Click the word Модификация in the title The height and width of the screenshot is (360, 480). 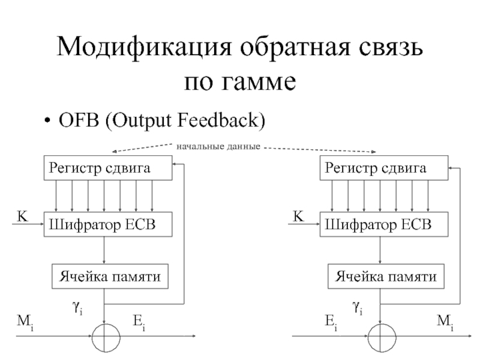144,47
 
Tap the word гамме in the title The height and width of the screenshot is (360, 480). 259,82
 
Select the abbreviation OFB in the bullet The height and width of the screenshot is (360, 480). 79,120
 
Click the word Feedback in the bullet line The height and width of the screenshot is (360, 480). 218,120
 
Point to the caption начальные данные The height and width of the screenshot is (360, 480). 218,146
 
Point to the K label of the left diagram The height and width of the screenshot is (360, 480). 22,216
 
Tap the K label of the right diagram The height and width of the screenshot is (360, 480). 298,216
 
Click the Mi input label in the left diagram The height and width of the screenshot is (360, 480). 25,323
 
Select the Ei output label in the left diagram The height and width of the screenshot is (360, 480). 139,323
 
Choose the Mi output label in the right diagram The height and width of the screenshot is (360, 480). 445,323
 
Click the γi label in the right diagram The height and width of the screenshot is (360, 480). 357,307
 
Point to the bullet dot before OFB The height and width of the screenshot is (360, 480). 47,121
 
